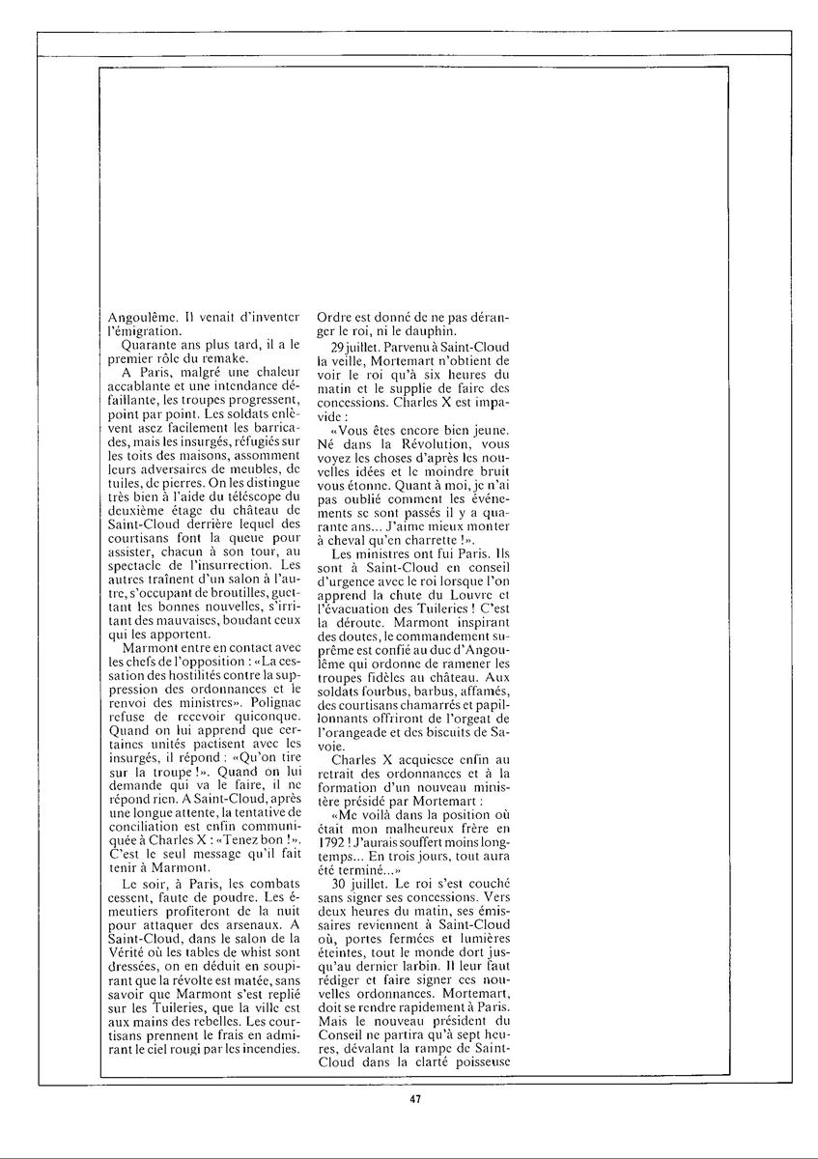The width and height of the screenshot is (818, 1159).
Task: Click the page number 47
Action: pyautogui.click(x=414, y=1098)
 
